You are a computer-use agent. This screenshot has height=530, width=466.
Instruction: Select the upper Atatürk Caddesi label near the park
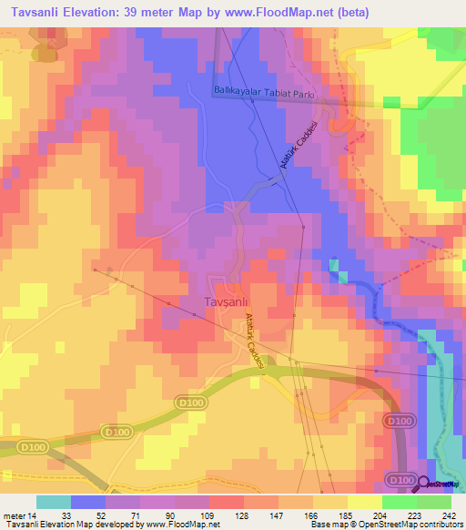[296, 145]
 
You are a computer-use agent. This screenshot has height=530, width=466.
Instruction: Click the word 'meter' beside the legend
[14, 515]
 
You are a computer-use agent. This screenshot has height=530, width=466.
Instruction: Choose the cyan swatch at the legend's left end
[53, 502]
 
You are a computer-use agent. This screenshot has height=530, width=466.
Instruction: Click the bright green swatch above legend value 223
[399, 502]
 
